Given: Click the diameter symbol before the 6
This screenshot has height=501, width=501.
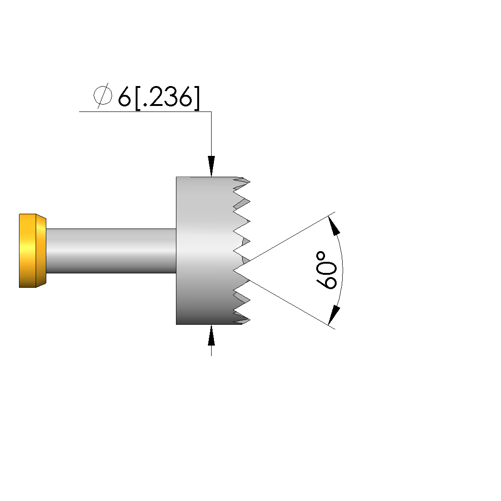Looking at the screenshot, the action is coord(103,96).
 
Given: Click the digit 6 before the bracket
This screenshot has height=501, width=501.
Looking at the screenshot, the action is coord(125,97).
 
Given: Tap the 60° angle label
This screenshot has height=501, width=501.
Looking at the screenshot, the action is coord(326,270).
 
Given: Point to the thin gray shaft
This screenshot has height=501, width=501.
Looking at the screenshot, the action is coord(111,251).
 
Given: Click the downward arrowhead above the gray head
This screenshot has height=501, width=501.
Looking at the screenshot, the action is coord(211,166).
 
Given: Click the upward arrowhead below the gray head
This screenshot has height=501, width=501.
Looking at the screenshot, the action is coord(211,335).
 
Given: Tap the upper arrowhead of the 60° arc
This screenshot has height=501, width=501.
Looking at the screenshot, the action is coord(334,226).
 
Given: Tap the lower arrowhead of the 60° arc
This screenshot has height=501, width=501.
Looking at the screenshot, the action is coord(334,315).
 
